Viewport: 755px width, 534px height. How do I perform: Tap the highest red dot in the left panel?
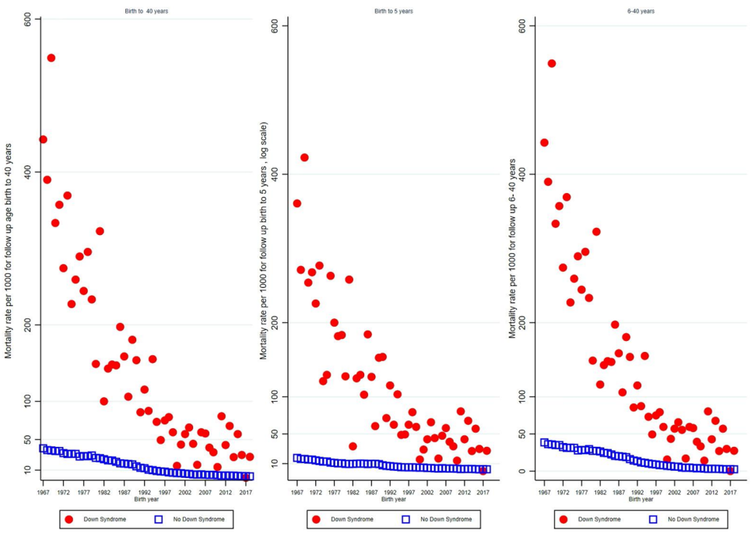51,58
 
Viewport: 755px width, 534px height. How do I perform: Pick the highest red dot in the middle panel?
304,157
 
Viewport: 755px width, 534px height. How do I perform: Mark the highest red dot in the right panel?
552,63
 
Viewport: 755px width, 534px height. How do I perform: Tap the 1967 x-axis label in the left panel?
43,492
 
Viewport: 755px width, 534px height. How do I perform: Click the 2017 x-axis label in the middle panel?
483,492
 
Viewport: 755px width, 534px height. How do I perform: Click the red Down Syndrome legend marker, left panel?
68,518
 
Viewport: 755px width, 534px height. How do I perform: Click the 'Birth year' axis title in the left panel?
146,499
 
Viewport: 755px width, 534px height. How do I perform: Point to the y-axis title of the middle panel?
264,241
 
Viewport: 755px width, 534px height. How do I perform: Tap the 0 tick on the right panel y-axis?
532,471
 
